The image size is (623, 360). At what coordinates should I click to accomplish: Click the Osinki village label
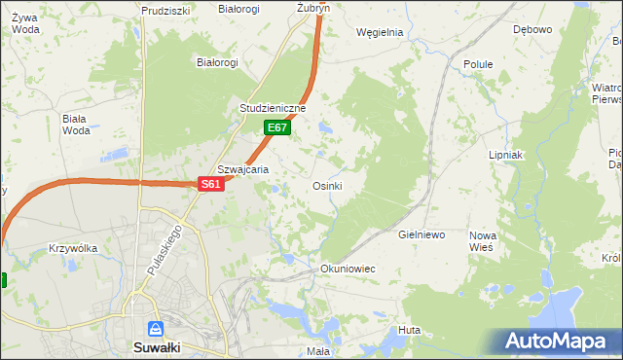click(x=327, y=186)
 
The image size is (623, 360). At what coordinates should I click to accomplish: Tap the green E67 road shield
click(x=276, y=127)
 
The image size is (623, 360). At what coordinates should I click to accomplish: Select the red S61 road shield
click(x=211, y=184)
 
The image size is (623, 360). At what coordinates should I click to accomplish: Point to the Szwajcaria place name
click(x=242, y=168)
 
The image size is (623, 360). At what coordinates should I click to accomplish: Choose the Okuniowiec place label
click(x=348, y=268)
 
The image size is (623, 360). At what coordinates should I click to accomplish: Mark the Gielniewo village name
click(x=421, y=235)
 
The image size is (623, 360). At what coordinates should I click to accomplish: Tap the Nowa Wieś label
click(x=483, y=241)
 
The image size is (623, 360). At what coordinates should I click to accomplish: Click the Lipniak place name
click(x=506, y=155)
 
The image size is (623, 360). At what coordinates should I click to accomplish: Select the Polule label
click(x=478, y=64)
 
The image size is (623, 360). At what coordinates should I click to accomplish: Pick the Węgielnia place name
click(x=380, y=31)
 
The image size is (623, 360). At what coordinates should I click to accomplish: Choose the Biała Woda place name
click(x=75, y=125)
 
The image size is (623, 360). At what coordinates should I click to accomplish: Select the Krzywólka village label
click(x=73, y=248)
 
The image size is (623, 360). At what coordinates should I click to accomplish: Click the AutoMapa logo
click(x=557, y=341)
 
